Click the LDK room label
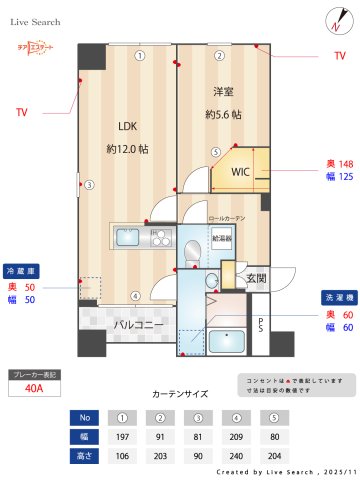(127, 126)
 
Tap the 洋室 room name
(222, 91)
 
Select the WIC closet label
(241, 171)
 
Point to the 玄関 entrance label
(257, 278)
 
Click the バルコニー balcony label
(132, 325)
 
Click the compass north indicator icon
(332, 18)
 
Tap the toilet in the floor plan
(193, 252)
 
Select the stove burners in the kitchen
(161, 238)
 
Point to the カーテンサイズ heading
(179, 394)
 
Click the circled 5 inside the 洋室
(215, 153)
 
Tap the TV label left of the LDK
(21, 112)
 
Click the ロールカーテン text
(226, 217)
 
